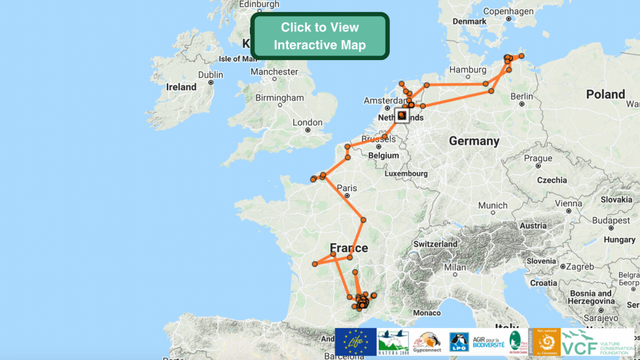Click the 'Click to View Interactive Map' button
(x=319, y=36)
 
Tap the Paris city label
(x=347, y=188)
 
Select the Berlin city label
(x=521, y=96)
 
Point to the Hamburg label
(x=467, y=69)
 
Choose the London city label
(x=307, y=122)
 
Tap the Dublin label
(x=210, y=75)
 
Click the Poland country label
(x=605, y=94)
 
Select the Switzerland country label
(x=436, y=243)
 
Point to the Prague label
(x=538, y=158)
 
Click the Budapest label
(x=611, y=221)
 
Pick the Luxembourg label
(x=406, y=173)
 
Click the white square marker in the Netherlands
(x=401, y=115)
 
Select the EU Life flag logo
(x=355, y=342)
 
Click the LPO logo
(x=459, y=342)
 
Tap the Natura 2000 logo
(x=393, y=342)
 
